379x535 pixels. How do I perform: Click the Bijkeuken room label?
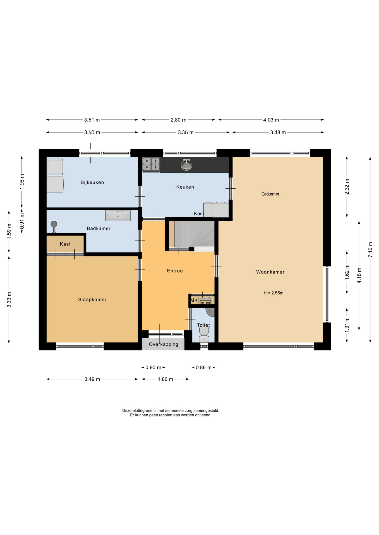92,183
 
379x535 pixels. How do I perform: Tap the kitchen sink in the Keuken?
186,165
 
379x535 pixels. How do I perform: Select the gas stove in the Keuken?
151,164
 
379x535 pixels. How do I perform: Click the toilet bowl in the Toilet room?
204,333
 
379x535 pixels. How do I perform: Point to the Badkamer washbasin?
118,216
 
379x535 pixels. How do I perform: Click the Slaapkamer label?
92,300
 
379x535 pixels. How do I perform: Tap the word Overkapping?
164,344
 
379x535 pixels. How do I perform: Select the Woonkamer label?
270,272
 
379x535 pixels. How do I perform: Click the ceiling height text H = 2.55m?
273,293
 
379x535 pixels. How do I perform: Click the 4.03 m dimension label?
271,120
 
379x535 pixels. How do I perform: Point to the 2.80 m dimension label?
178,120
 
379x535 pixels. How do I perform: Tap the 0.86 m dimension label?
203,368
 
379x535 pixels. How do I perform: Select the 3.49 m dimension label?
92,379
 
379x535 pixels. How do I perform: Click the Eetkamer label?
270,194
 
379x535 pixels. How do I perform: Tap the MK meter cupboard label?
194,300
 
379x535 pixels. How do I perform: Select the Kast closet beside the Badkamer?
65,244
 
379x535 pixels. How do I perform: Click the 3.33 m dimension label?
9,300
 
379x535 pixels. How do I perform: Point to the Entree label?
175,271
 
